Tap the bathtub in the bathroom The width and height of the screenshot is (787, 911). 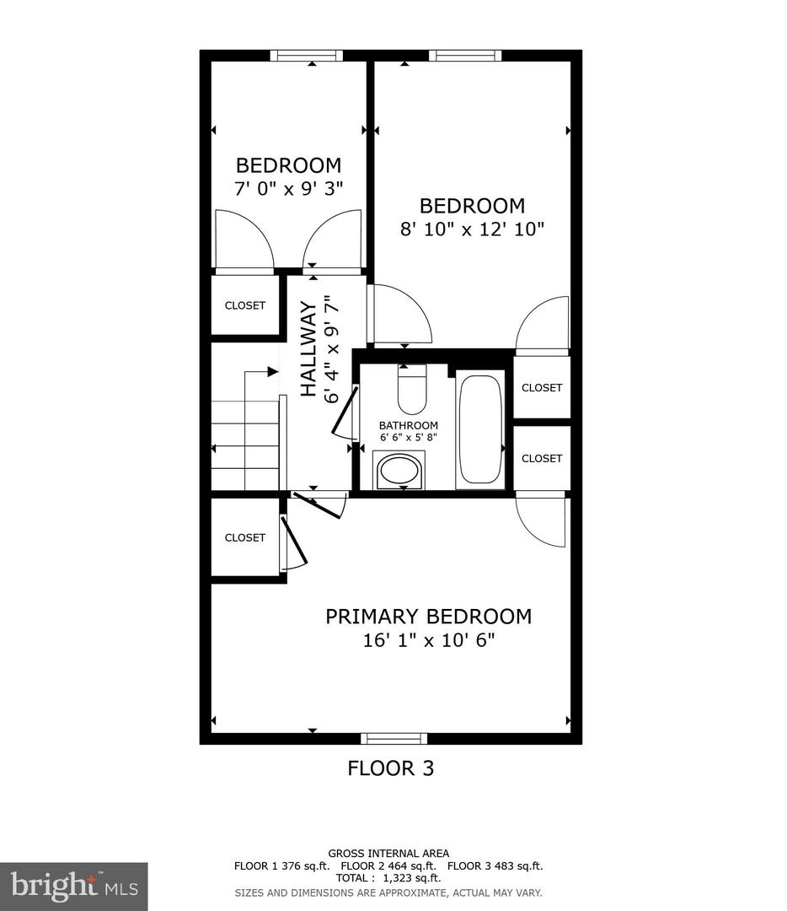tap(479, 431)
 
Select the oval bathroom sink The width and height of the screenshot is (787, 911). tap(400, 470)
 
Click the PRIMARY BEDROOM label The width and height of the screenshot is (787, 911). tap(428, 617)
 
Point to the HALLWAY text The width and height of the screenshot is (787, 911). tap(308, 348)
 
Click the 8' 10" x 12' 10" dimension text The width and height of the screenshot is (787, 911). tap(473, 229)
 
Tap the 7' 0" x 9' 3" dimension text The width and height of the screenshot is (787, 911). tap(288, 188)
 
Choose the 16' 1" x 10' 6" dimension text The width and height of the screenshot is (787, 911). tap(428, 640)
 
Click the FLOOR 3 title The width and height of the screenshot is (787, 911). tap(391, 768)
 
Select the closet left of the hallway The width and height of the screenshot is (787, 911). tap(244, 305)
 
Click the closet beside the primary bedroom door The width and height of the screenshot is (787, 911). tap(244, 537)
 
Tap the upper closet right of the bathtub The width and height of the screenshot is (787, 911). tap(541, 387)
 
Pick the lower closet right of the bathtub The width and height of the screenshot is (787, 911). tap(541, 458)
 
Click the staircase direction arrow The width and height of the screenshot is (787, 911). tap(272, 371)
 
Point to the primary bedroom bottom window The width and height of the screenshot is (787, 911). tap(393, 739)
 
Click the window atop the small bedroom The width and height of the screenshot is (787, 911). tap(307, 56)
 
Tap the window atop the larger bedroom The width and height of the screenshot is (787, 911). tap(464, 56)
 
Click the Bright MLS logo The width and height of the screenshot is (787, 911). tap(73, 886)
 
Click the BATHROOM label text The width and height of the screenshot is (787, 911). tap(408, 426)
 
